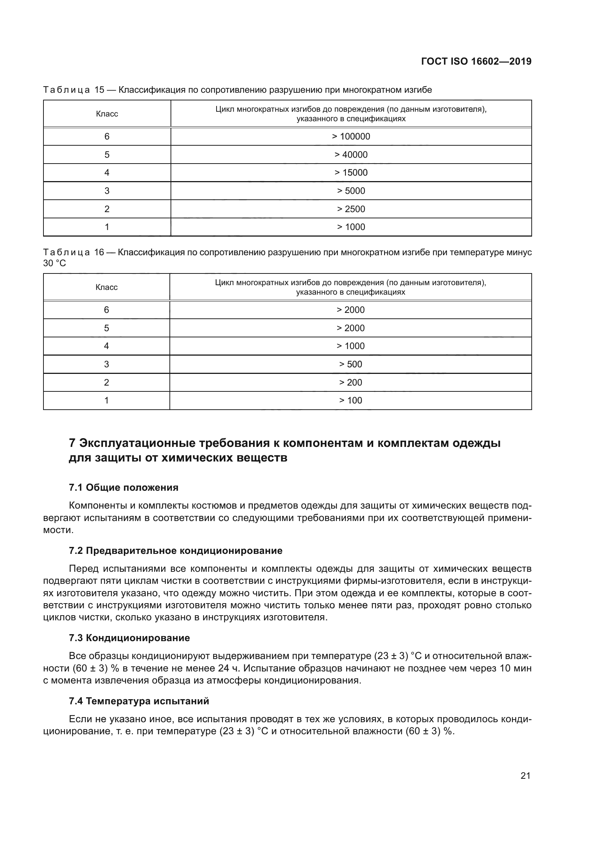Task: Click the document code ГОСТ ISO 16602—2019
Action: (476, 61)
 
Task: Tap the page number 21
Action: (525, 776)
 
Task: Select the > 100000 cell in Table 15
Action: (351, 137)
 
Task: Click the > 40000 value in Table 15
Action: (351, 155)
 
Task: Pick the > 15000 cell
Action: (351, 173)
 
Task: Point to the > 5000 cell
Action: (351, 191)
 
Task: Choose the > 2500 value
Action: (351, 209)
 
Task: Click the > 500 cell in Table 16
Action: (350, 364)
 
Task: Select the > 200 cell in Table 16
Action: (350, 382)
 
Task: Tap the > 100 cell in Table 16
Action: (350, 401)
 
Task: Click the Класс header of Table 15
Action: (107, 114)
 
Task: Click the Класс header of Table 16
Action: (106, 287)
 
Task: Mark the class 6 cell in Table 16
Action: (106, 310)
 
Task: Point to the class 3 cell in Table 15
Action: (107, 191)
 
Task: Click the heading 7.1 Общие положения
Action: (123, 488)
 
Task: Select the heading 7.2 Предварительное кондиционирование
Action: (176, 551)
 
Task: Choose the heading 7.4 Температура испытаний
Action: (139, 701)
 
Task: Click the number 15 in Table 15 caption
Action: (99, 90)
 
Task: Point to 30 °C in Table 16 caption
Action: (55, 263)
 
